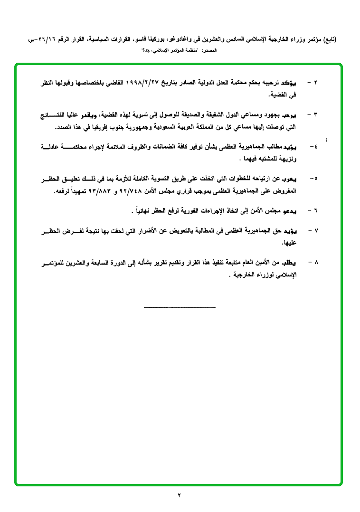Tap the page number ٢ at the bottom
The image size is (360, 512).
(x=180, y=495)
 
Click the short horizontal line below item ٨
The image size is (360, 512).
(x=180, y=307)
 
